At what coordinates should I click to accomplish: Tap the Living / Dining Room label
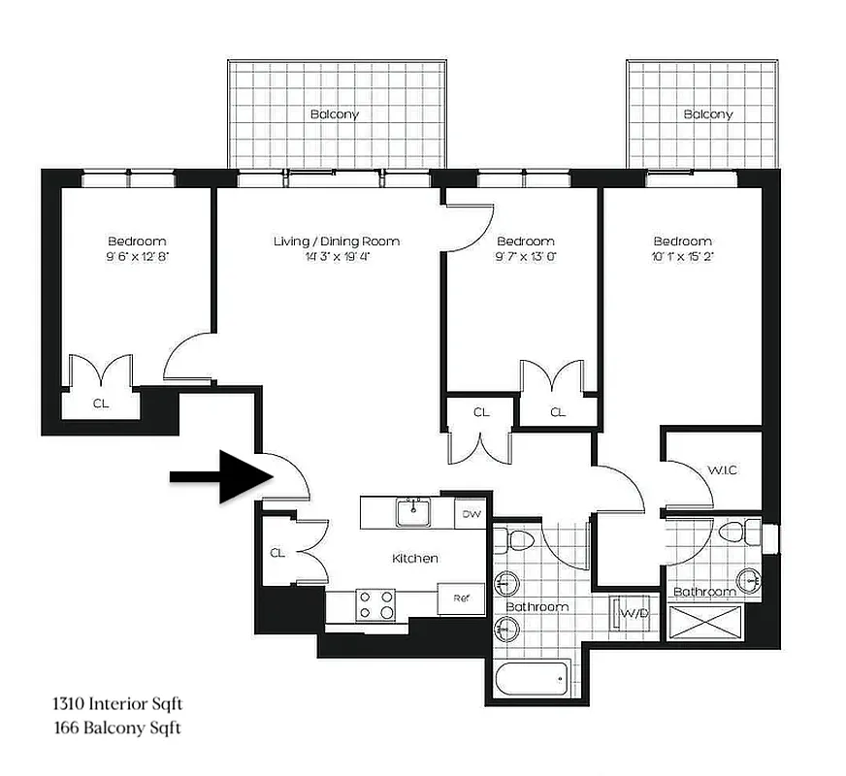[336, 242]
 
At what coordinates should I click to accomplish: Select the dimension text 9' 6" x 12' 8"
[137, 257]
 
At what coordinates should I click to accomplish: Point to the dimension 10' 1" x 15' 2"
[682, 257]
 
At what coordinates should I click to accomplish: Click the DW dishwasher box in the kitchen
[471, 514]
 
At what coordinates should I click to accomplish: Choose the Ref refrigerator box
[462, 598]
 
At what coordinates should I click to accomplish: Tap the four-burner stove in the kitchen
[376, 604]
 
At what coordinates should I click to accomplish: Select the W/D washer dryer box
[634, 613]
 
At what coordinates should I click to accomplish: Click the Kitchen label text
[414, 559]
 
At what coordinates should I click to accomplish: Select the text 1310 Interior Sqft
[117, 703]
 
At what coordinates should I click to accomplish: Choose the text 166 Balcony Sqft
[116, 727]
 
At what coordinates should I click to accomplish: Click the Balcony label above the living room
[335, 114]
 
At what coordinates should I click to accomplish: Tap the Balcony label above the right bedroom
[708, 114]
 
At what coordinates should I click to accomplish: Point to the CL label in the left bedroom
[101, 404]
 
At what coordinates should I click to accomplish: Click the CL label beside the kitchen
[277, 553]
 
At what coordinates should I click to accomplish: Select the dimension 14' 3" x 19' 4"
[336, 257]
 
